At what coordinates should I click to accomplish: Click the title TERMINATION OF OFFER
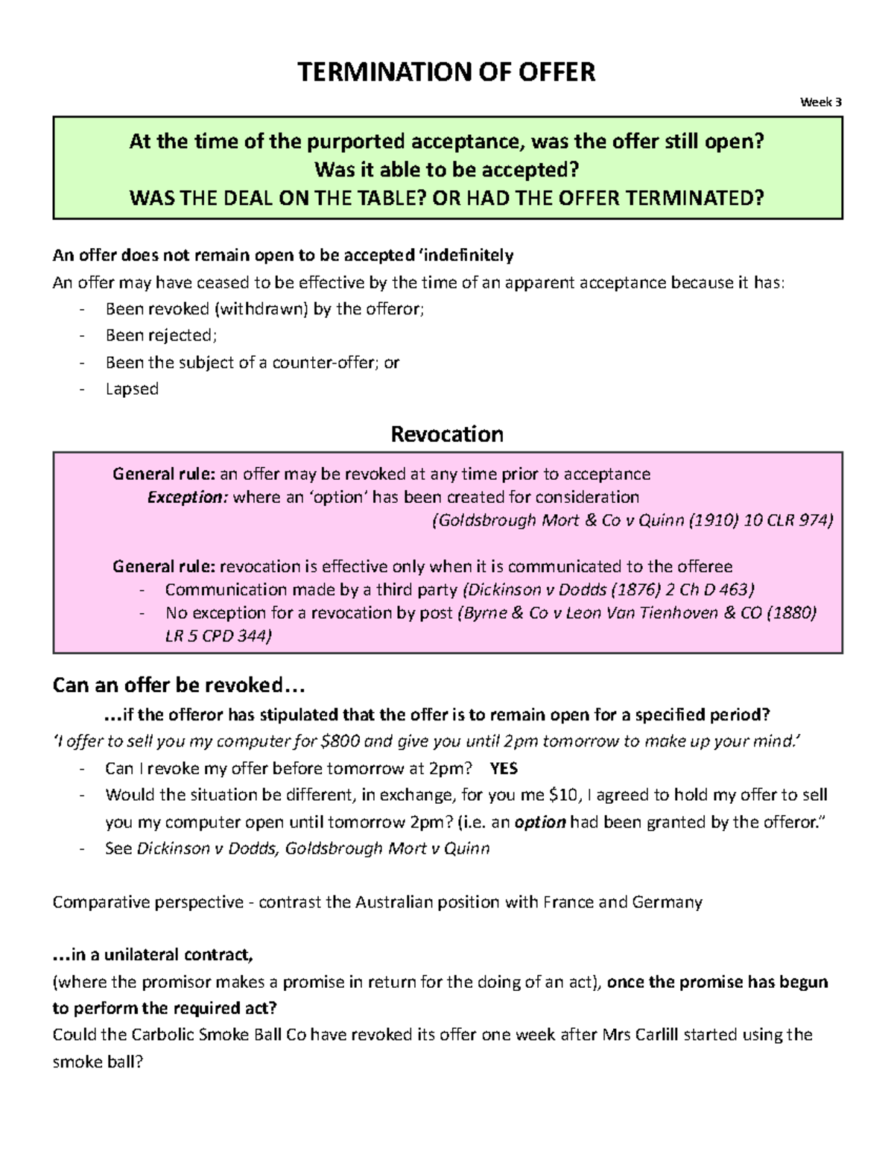tap(446, 72)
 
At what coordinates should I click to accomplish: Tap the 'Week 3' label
tap(820, 102)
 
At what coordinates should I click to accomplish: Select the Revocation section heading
tap(447, 434)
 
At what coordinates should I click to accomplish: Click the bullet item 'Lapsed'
tap(132, 389)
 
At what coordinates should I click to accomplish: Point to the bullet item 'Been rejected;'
tap(161, 335)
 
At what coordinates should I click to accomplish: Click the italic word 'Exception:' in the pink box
tap(187, 497)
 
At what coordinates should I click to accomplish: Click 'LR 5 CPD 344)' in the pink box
tap(218, 635)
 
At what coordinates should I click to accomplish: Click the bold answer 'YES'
tap(504, 769)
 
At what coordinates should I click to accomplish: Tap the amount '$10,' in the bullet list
tap(565, 795)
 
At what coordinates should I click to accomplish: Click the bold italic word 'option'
tap(540, 822)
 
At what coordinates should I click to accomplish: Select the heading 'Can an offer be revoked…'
tap(179, 685)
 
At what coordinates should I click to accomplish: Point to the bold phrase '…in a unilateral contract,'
tap(153, 955)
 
